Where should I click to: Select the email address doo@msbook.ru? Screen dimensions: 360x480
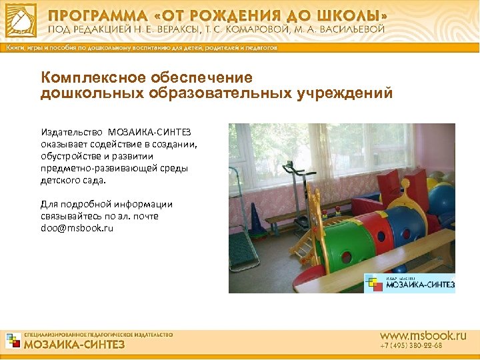click(77, 228)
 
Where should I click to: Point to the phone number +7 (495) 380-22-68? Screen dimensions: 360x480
click(411, 347)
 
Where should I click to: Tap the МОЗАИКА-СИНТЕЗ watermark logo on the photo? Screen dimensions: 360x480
click(409, 283)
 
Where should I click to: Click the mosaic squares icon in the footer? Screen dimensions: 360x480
click(13, 341)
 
